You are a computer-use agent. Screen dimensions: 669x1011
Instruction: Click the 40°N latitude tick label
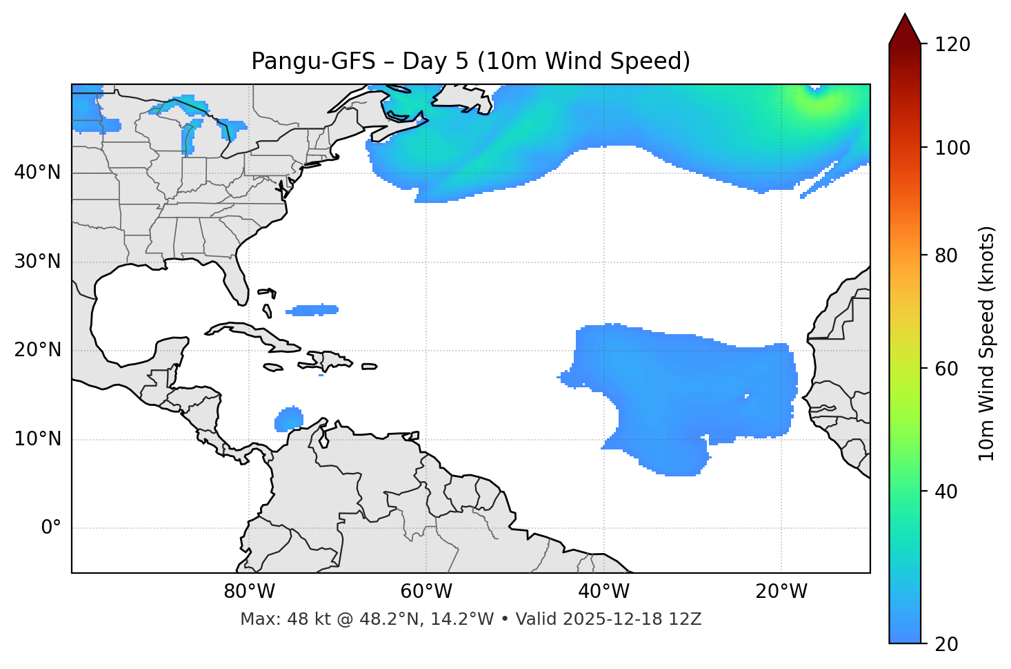37,173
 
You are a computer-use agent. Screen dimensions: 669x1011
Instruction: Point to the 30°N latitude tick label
37,262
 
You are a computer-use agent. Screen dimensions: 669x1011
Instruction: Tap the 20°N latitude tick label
37,350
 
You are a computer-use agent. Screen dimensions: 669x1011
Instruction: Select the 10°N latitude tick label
37,439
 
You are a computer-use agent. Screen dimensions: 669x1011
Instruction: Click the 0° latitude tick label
51,528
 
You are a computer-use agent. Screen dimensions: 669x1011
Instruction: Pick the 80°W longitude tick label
249,592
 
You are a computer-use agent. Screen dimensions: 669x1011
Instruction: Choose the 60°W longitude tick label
426,592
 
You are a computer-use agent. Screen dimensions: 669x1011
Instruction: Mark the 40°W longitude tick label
603,592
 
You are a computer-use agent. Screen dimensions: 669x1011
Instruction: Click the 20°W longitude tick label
781,592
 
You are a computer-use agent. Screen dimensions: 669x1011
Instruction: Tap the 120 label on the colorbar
952,45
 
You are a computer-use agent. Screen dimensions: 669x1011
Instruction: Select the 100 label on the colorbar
952,148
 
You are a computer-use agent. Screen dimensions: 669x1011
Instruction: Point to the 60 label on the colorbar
946,369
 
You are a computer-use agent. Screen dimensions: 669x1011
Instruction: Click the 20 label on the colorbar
946,644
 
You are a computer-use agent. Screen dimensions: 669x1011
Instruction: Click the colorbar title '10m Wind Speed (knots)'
987,343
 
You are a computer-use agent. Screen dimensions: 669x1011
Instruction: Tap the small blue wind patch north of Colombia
289,419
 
